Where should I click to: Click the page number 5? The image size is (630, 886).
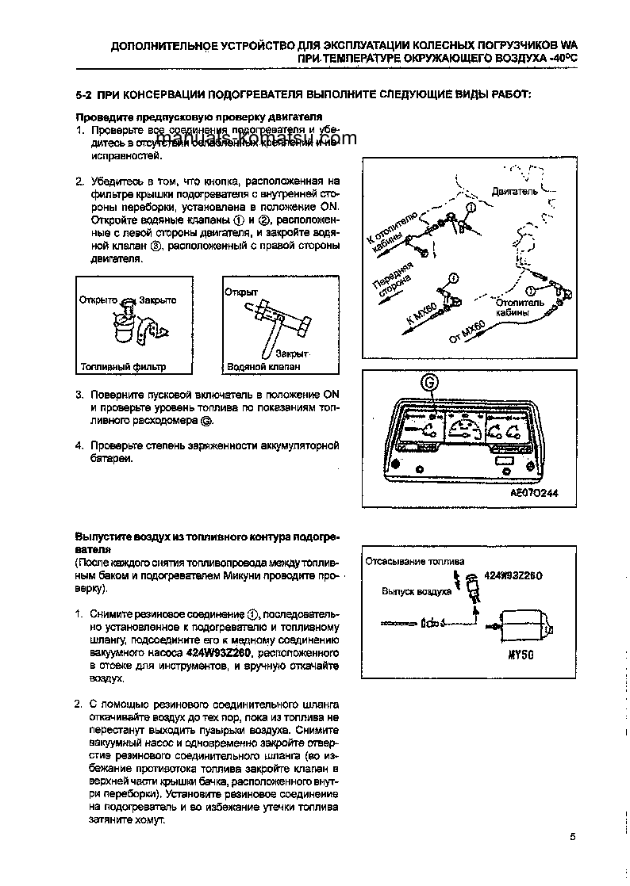pos(571,837)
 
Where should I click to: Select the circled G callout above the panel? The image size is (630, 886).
pos(429,382)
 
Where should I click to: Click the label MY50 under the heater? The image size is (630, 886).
pos(519,656)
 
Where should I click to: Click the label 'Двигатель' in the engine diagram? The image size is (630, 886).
pos(514,191)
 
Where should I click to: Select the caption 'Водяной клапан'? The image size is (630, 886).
pos(263,368)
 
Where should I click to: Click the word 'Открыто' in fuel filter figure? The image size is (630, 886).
pos(98,300)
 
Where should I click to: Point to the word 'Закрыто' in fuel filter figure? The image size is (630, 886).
pos(157,300)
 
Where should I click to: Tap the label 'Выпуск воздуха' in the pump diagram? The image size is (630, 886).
pos(416,591)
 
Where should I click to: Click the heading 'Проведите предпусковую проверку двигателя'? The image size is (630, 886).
pos(175,117)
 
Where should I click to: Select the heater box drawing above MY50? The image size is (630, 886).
pos(524,624)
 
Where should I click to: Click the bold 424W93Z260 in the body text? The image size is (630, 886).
pos(219,653)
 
